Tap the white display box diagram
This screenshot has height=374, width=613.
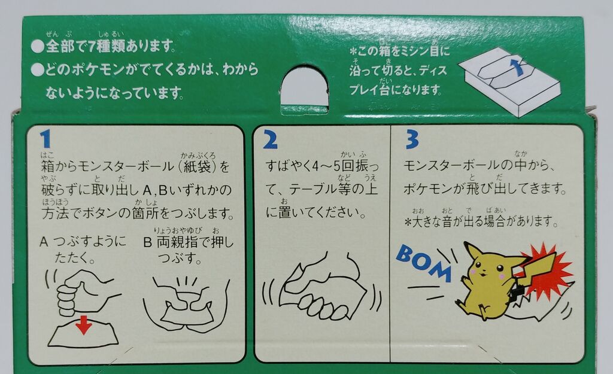pyautogui.click(x=509, y=84)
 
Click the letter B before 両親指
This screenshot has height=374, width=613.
pyautogui.click(x=148, y=243)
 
